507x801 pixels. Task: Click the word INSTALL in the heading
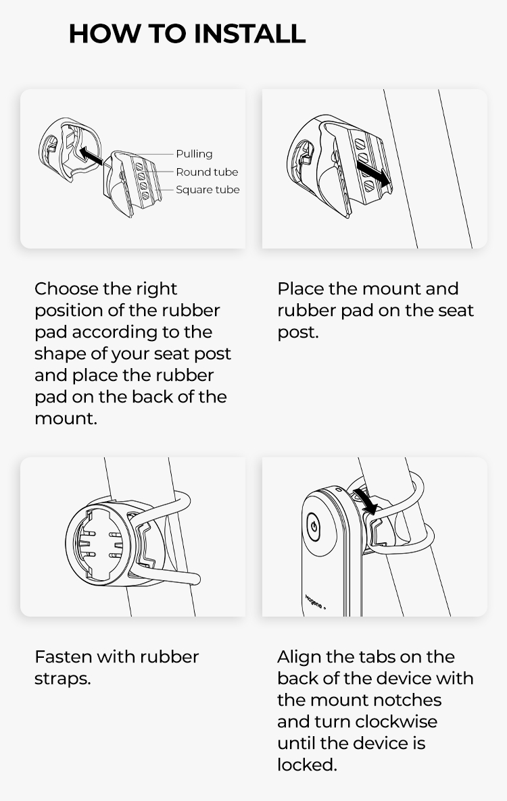(x=250, y=34)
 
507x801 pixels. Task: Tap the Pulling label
(x=194, y=154)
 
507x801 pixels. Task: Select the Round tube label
(x=207, y=172)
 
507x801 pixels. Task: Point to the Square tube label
(x=208, y=190)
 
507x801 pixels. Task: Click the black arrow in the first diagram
(x=91, y=155)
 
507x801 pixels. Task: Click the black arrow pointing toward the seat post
(x=374, y=174)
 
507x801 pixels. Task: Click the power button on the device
(x=313, y=527)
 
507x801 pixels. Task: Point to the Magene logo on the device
(x=315, y=602)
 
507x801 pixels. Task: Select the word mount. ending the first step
(x=66, y=419)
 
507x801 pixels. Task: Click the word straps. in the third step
(x=62, y=679)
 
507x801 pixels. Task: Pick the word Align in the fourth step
(x=299, y=657)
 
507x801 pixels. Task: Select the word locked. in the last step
(x=307, y=765)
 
